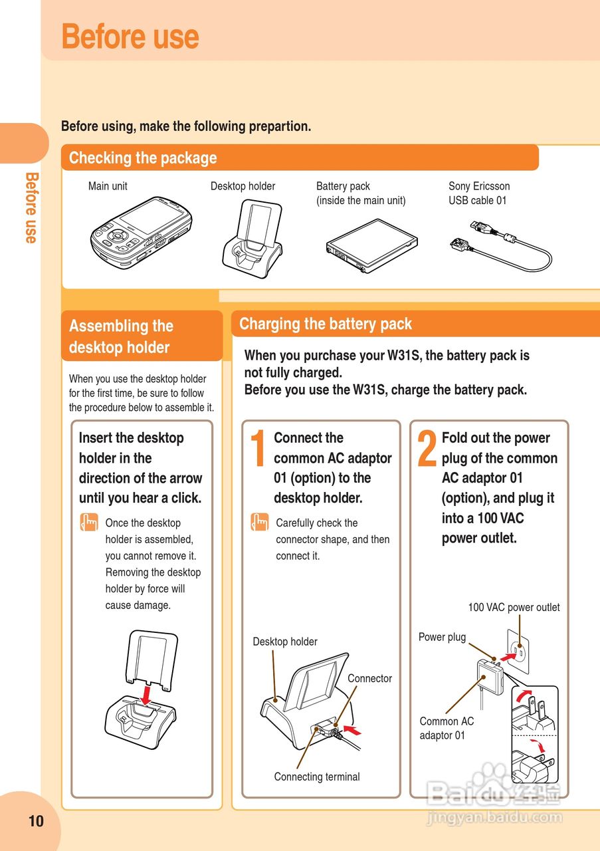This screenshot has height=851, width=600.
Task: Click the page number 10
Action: click(36, 821)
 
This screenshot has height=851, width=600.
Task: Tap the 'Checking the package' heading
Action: click(143, 158)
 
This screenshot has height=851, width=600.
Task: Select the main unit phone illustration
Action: click(141, 233)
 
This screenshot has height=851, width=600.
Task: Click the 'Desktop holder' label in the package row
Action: click(243, 186)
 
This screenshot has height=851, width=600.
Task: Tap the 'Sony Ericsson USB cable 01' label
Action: click(479, 193)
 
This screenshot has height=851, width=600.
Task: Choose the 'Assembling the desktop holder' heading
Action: click(121, 336)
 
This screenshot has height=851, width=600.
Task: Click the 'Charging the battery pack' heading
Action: click(326, 324)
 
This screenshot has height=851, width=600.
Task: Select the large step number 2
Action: click(427, 448)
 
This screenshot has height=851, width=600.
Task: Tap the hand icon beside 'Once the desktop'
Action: click(88, 523)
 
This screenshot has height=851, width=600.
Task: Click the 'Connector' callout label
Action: click(369, 679)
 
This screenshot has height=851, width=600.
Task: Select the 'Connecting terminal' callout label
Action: click(317, 777)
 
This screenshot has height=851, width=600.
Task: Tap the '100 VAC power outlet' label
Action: click(514, 607)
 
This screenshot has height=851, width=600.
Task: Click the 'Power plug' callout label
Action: click(442, 637)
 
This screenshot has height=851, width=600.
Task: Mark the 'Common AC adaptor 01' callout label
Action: click(447, 728)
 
